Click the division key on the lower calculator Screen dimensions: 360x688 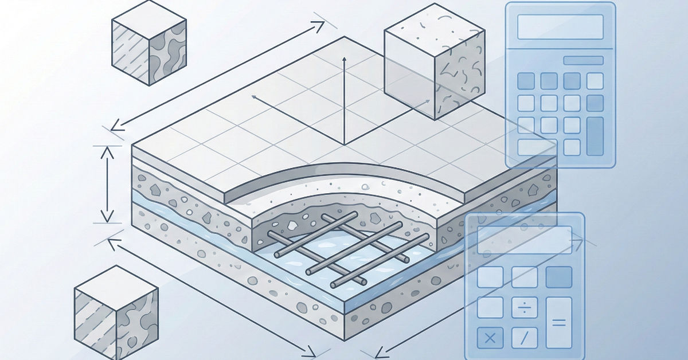click(523, 308)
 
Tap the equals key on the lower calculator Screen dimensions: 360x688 click(558, 323)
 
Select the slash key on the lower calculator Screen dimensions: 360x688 click(523, 338)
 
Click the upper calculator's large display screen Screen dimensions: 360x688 click(560, 27)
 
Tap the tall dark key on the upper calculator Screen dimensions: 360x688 click(595, 136)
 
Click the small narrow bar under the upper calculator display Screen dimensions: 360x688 click(583, 60)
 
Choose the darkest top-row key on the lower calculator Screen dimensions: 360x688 click(558, 277)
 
